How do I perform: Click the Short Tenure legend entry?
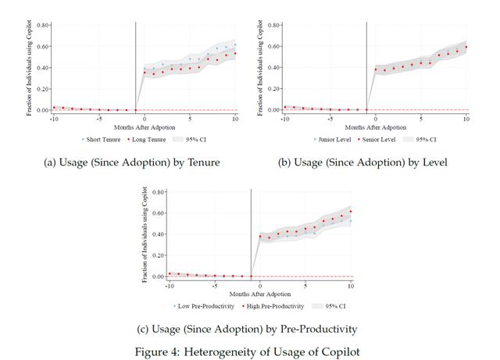[102, 139]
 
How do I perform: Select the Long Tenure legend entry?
[147, 139]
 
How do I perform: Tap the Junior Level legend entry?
[332, 139]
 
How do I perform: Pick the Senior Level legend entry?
[377, 139]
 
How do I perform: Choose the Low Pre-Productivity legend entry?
[204, 306]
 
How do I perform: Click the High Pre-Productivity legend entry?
[273, 306]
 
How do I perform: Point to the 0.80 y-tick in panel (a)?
[42, 25]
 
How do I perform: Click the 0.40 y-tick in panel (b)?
[273, 68]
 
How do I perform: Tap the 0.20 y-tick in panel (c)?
[158, 255]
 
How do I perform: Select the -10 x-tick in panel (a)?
[54, 119]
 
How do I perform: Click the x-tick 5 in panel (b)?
[421, 119]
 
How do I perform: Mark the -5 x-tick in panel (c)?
[215, 286]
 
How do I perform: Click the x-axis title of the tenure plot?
[145, 127]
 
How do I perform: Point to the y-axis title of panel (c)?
[145, 234]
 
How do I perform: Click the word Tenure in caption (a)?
[204, 162]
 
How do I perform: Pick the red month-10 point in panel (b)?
[466, 47]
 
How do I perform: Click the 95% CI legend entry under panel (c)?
[329, 306]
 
